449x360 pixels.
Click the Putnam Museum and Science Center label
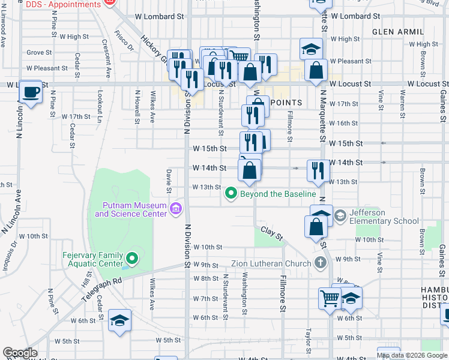(131, 209)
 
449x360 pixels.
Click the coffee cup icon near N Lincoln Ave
(30, 92)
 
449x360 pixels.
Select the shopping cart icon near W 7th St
(330, 297)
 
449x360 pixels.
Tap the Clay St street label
(271, 233)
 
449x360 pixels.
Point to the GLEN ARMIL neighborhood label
(394, 31)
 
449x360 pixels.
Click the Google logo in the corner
(20, 353)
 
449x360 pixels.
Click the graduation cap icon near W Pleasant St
(312, 49)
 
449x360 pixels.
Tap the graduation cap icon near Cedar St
(120, 320)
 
